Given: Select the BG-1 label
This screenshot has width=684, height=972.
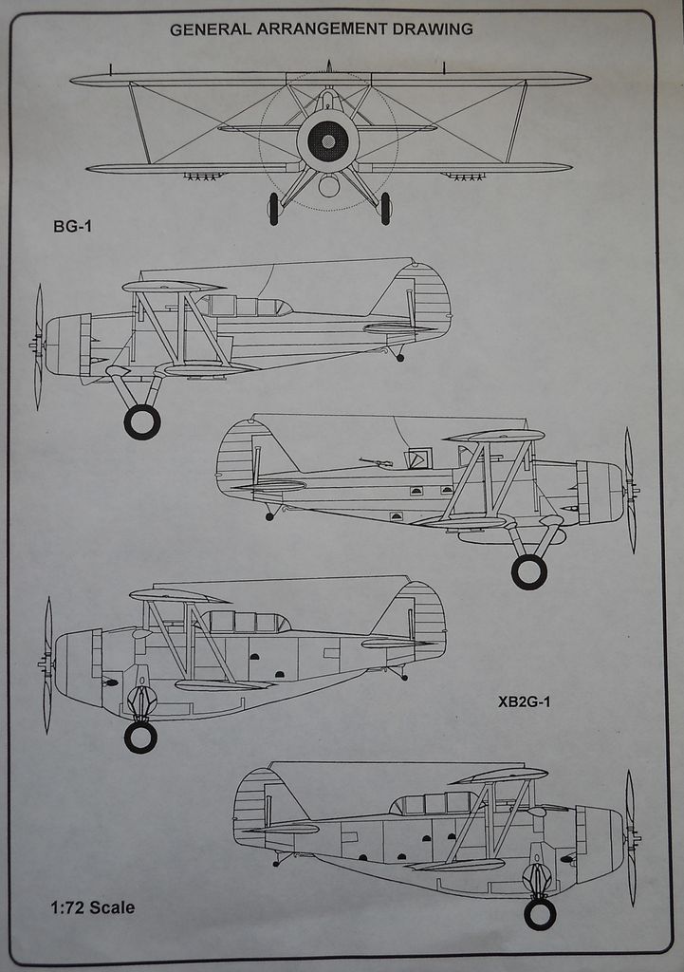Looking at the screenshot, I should [x=73, y=227].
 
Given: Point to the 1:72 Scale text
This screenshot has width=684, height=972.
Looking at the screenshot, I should [x=92, y=907].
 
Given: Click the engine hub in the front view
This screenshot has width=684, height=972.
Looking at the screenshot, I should [x=328, y=141].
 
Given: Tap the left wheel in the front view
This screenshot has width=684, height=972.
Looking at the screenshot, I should [x=273, y=208].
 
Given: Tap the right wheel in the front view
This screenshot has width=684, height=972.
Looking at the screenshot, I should [x=385, y=208].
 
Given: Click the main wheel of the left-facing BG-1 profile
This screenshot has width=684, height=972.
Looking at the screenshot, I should [x=141, y=421].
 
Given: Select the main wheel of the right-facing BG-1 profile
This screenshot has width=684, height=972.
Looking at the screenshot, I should [x=528, y=571].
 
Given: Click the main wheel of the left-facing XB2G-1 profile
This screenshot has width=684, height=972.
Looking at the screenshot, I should [x=140, y=738].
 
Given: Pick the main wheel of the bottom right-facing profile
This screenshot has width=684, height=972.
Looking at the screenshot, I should [x=540, y=914].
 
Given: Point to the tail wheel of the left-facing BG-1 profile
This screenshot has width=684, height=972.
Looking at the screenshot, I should [x=400, y=358].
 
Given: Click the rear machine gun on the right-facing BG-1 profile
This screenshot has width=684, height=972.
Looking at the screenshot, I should [x=377, y=462].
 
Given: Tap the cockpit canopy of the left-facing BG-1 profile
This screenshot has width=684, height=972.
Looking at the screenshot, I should [x=243, y=306].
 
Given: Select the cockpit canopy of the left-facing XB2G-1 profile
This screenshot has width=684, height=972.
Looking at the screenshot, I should [x=244, y=622].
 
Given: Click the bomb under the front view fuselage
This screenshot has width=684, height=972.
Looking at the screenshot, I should [x=328, y=185].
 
